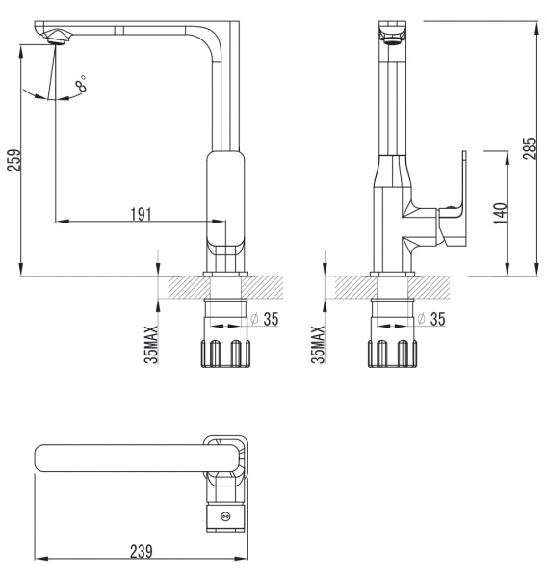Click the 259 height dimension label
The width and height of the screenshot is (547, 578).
point(14,160)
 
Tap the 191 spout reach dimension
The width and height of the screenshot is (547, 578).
point(142,214)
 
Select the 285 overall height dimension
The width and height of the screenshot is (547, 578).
point(530,148)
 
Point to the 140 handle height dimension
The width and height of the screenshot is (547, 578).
point(501,214)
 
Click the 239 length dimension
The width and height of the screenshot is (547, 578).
point(142,552)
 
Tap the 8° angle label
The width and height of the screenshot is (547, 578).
point(81,84)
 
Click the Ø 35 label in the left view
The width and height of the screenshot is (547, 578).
point(265,319)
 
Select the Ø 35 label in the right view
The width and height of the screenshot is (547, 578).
point(431,319)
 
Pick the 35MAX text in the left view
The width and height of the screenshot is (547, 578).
point(151,344)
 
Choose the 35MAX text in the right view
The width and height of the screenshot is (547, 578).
point(318,344)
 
